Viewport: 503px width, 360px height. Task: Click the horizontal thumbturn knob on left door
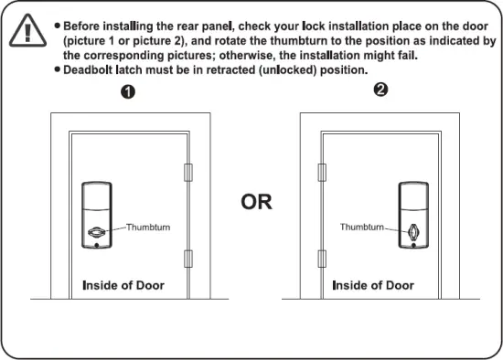[96, 234]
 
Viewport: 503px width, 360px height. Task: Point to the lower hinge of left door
[188, 258]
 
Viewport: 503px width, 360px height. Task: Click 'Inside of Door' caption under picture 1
[123, 285]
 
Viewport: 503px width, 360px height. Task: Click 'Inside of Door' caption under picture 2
[373, 285]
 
